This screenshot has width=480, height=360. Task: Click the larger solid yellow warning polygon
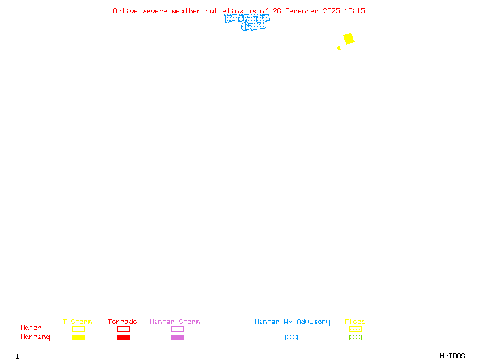click(349, 39)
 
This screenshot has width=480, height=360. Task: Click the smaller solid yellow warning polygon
click(339, 48)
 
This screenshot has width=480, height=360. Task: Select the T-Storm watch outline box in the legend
click(78, 329)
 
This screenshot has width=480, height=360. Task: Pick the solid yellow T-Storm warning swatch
click(78, 337)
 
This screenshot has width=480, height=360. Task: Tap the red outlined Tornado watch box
click(123, 329)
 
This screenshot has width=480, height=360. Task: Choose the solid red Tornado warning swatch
click(123, 337)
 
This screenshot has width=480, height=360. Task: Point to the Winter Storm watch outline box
click(177, 329)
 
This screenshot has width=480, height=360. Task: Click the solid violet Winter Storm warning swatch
click(177, 337)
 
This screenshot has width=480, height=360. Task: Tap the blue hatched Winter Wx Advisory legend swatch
click(291, 337)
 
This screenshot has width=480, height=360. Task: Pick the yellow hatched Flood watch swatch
click(355, 329)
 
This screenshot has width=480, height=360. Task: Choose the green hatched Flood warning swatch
click(355, 337)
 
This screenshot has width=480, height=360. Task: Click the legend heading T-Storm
click(77, 322)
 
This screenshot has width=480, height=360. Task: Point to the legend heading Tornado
click(122, 322)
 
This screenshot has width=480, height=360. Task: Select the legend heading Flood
click(355, 322)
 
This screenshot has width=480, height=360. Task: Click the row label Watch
click(31, 328)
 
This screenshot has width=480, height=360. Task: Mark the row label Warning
click(35, 337)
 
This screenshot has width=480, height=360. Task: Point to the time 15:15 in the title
click(354, 11)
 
